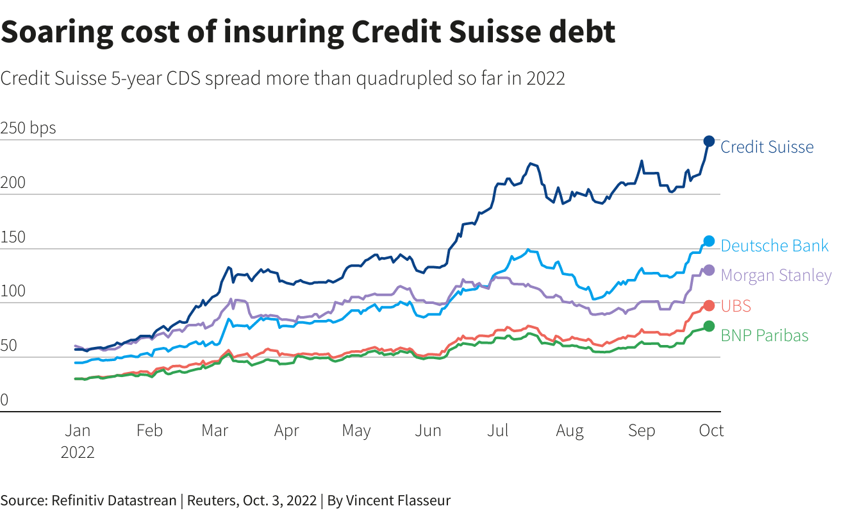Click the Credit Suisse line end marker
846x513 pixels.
[x=709, y=141]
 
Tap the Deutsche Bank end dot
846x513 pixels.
[x=709, y=241]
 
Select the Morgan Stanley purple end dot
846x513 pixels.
[x=709, y=270]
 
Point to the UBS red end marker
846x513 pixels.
[x=709, y=305]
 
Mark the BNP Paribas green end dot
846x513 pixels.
[x=709, y=326]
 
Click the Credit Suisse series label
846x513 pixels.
[x=767, y=147]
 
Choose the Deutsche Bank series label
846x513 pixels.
[x=774, y=246]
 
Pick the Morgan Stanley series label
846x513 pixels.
[x=776, y=275]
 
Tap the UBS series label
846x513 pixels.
[x=736, y=306]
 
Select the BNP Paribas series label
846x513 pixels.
[x=765, y=335]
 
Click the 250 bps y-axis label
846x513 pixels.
[x=28, y=128]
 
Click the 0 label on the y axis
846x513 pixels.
[x=4, y=401]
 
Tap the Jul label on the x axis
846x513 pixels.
[x=498, y=430]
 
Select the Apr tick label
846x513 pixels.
[x=286, y=430]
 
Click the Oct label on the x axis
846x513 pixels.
[x=711, y=430]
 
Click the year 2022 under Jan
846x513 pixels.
[x=78, y=452]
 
